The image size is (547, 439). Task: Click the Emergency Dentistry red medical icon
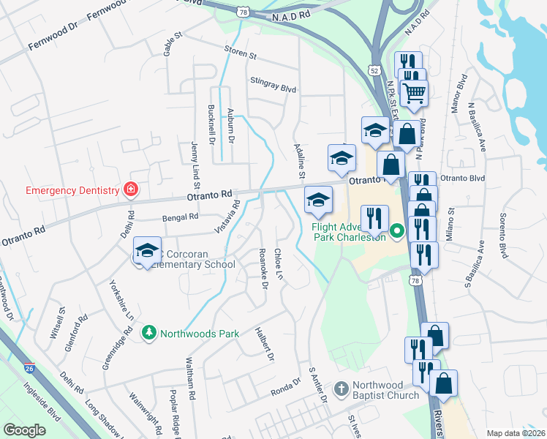pos(131,190)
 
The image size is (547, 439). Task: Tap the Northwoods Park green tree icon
pos(149,334)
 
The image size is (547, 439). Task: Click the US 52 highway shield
pos(374,70)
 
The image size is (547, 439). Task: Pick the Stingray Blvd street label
pos(273,83)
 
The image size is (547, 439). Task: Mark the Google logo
pos(24,430)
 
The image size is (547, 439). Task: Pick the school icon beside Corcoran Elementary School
pos(147,250)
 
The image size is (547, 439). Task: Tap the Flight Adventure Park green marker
pos(397,232)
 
